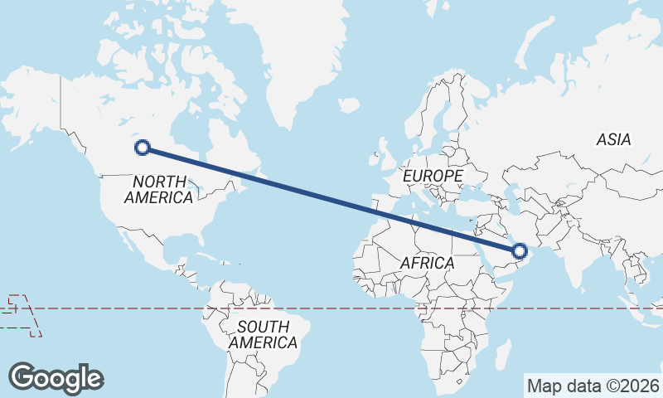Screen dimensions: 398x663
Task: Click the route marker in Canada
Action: (x=143, y=148)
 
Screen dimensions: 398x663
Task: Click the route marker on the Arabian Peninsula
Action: (x=520, y=250)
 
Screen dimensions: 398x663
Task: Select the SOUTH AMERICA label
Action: (x=264, y=334)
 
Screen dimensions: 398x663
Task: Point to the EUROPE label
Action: (x=432, y=177)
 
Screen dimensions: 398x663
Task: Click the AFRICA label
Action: (x=427, y=263)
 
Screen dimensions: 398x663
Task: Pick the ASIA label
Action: (x=613, y=139)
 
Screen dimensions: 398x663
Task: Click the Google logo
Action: (x=56, y=377)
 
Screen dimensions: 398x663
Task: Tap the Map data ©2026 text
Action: (x=593, y=386)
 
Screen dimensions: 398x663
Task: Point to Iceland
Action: (x=349, y=106)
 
